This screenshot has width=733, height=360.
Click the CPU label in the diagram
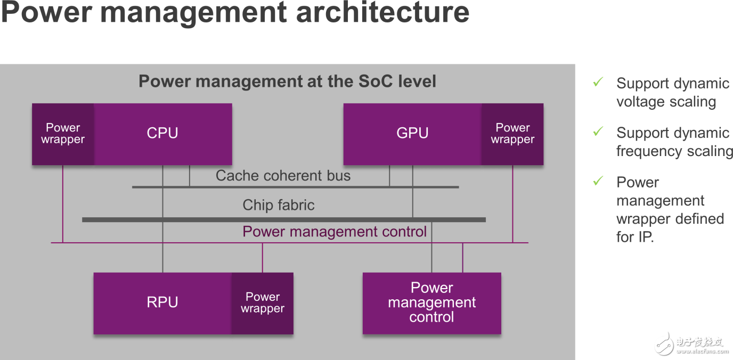point(162,133)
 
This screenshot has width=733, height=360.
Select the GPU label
point(412,133)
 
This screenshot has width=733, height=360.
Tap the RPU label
point(162,302)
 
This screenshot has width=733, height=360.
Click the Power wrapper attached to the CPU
point(63,134)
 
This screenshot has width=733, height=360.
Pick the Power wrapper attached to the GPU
point(512,134)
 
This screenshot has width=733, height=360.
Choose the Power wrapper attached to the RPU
point(263,304)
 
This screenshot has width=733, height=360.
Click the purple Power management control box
point(432,304)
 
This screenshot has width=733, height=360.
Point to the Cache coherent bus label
point(283,176)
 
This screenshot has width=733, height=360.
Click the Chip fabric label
point(279,205)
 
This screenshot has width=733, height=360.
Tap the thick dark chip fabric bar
point(284,219)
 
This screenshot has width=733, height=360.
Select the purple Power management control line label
point(335,232)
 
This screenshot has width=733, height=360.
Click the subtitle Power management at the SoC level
point(287,81)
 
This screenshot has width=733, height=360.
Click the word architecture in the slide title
point(382,13)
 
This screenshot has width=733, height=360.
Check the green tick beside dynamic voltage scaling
point(598,82)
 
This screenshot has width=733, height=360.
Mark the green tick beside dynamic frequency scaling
point(598,131)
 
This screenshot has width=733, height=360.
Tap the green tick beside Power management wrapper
point(598,181)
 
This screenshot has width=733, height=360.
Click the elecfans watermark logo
point(692,345)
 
